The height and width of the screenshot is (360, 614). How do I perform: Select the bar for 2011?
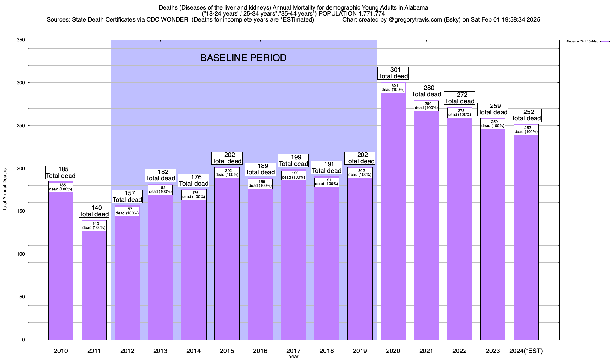tap(94, 285)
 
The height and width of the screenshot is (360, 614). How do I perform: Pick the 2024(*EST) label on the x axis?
tap(526, 351)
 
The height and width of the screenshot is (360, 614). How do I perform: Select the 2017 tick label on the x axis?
tap(294, 351)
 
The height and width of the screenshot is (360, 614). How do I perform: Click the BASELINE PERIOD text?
tap(243, 58)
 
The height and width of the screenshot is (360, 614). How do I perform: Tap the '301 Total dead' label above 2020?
tap(393, 73)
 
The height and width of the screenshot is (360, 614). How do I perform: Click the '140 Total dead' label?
tap(94, 211)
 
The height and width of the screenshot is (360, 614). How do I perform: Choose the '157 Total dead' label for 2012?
tap(127, 196)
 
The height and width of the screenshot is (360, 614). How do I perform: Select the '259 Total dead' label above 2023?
tap(493, 109)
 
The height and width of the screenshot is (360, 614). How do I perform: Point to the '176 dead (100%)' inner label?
tap(194, 195)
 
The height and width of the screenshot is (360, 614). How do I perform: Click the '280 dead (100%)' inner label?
tap(426, 106)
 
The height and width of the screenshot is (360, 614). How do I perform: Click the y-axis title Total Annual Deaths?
tap(5, 190)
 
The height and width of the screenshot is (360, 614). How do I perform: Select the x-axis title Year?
tap(294, 357)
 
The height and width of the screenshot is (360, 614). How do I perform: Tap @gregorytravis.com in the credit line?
tap(415, 20)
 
